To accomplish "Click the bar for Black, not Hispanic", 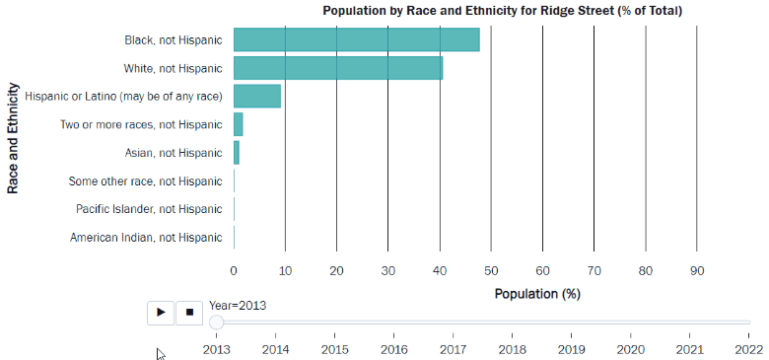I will pyautogui.click(x=356, y=40).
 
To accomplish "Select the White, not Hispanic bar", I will pyautogui.click(x=338, y=68).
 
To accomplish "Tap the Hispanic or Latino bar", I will pyautogui.click(x=257, y=97).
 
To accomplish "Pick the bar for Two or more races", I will pyautogui.click(x=238, y=124).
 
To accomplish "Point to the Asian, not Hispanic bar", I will pyautogui.click(x=237, y=153).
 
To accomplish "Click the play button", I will pyautogui.click(x=161, y=312).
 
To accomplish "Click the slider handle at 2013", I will pyautogui.click(x=217, y=322).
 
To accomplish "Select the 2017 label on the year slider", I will pyautogui.click(x=453, y=348).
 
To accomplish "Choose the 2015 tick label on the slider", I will pyautogui.click(x=334, y=348).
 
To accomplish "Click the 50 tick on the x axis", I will pyautogui.click(x=490, y=270).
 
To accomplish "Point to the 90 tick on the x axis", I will pyautogui.click(x=696, y=270).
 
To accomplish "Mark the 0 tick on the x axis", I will pyautogui.click(x=234, y=270).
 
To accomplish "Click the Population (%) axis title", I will pyautogui.click(x=537, y=294).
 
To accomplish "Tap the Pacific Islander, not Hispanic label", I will pyautogui.click(x=149, y=209).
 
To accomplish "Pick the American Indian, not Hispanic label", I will pyautogui.click(x=146, y=238).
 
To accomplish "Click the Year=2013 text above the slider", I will pyautogui.click(x=237, y=305).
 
